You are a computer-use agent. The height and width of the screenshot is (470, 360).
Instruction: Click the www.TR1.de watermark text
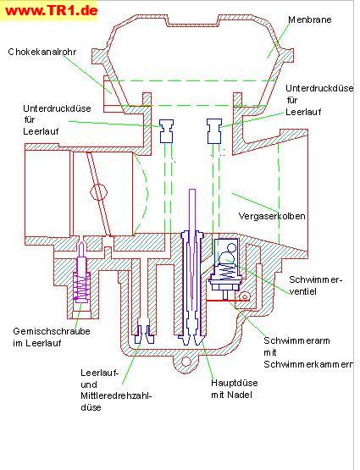coord(52,10)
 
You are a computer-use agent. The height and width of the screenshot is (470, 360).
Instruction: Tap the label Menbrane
coord(310,19)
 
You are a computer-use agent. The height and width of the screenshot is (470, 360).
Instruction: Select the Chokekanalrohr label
coord(42,52)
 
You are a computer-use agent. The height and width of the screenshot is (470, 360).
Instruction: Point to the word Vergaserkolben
coord(272,216)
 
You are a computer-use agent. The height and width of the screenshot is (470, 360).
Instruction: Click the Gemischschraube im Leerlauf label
coord(52,337)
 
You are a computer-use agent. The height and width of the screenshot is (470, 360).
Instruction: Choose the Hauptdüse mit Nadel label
coord(235,389)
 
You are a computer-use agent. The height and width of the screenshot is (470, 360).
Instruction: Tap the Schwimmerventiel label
coord(315,285)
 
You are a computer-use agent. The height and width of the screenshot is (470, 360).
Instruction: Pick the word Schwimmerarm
coord(296,340)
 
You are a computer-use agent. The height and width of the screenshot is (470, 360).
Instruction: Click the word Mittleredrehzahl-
coord(116,395)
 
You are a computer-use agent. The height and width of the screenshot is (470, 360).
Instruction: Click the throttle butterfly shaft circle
coord(98,192)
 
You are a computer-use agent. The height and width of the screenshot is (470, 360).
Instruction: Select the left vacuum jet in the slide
coord(166,131)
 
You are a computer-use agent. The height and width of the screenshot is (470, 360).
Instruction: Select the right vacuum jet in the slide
coord(214,131)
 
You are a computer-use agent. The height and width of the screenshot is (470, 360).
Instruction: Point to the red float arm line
coord(228,300)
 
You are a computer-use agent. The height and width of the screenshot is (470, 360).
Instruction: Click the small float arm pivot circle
coord(245,296)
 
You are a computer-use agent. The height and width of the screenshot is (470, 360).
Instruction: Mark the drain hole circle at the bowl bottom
coord(186,362)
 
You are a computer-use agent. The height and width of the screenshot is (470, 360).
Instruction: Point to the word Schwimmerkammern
coord(308,364)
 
